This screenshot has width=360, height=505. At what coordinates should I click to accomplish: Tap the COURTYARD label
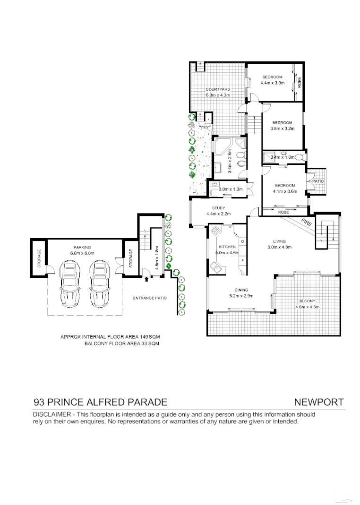click(x=217, y=89)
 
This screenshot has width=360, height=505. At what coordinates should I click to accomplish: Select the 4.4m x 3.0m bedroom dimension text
click(x=273, y=83)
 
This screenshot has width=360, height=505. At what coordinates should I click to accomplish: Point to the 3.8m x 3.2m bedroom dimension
click(x=282, y=128)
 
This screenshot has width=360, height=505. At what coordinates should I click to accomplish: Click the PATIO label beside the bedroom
click(x=317, y=181)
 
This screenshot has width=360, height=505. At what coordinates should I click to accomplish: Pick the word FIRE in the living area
click(x=306, y=222)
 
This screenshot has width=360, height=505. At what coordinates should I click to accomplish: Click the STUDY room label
click(x=218, y=208)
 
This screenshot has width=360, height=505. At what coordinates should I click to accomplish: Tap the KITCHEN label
click(x=227, y=247)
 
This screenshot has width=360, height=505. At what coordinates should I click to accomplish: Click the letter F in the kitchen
click(x=243, y=260)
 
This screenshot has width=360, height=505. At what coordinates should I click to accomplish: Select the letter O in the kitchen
click(x=243, y=241)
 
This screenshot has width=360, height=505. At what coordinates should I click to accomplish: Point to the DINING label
click(x=241, y=290)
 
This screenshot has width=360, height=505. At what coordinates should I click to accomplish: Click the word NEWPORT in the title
click(x=319, y=402)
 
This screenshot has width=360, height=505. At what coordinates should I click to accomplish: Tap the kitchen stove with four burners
click(x=216, y=231)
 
